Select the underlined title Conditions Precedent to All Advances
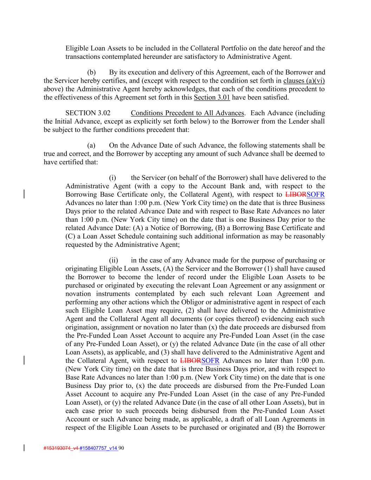click(187, 113)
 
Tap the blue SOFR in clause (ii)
click(210, 361)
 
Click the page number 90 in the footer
click(122, 448)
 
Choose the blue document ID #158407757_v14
click(98, 448)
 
